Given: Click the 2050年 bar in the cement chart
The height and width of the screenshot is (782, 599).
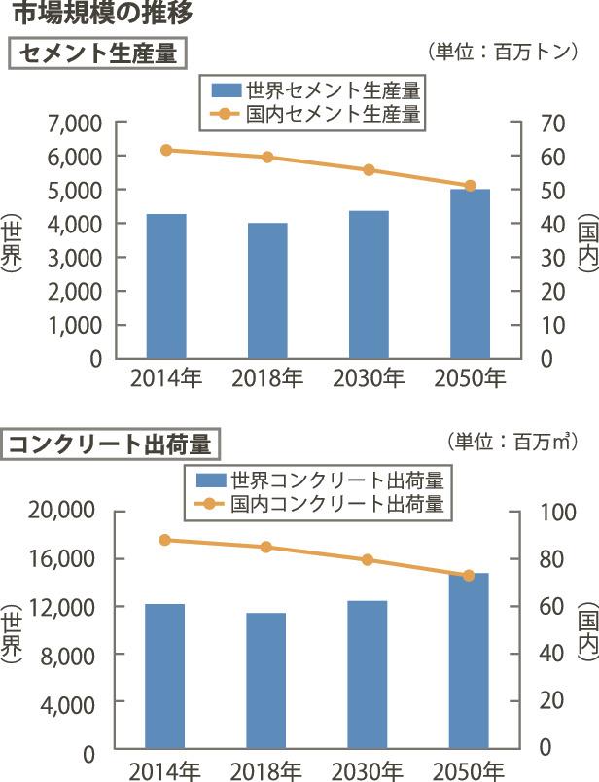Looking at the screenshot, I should tap(470, 273).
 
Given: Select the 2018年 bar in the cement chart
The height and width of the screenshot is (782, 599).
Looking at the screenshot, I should tap(267, 290).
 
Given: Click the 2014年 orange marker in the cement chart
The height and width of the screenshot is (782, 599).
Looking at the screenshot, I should tap(166, 150).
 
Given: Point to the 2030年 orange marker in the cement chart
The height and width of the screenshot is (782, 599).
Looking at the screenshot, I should tap(369, 170).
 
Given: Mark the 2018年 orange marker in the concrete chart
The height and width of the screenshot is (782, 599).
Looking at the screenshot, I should tap(266, 547).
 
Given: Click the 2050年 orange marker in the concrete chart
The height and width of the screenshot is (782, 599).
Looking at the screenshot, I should tap(469, 576).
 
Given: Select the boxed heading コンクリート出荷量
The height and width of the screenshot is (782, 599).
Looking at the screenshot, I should tap(111, 444).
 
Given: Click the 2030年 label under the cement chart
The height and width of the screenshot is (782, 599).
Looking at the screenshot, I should tap(369, 378).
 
